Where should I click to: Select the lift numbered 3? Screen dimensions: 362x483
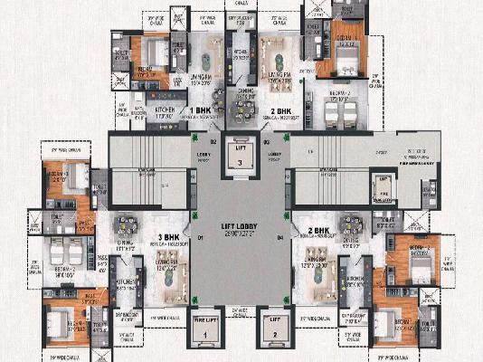(240, 153)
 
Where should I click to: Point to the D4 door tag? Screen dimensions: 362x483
(281, 238)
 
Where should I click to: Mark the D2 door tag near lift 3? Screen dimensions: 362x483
(214, 142)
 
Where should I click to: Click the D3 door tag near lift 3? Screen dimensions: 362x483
(268, 142)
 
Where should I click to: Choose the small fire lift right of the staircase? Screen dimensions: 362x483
(384, 187)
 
